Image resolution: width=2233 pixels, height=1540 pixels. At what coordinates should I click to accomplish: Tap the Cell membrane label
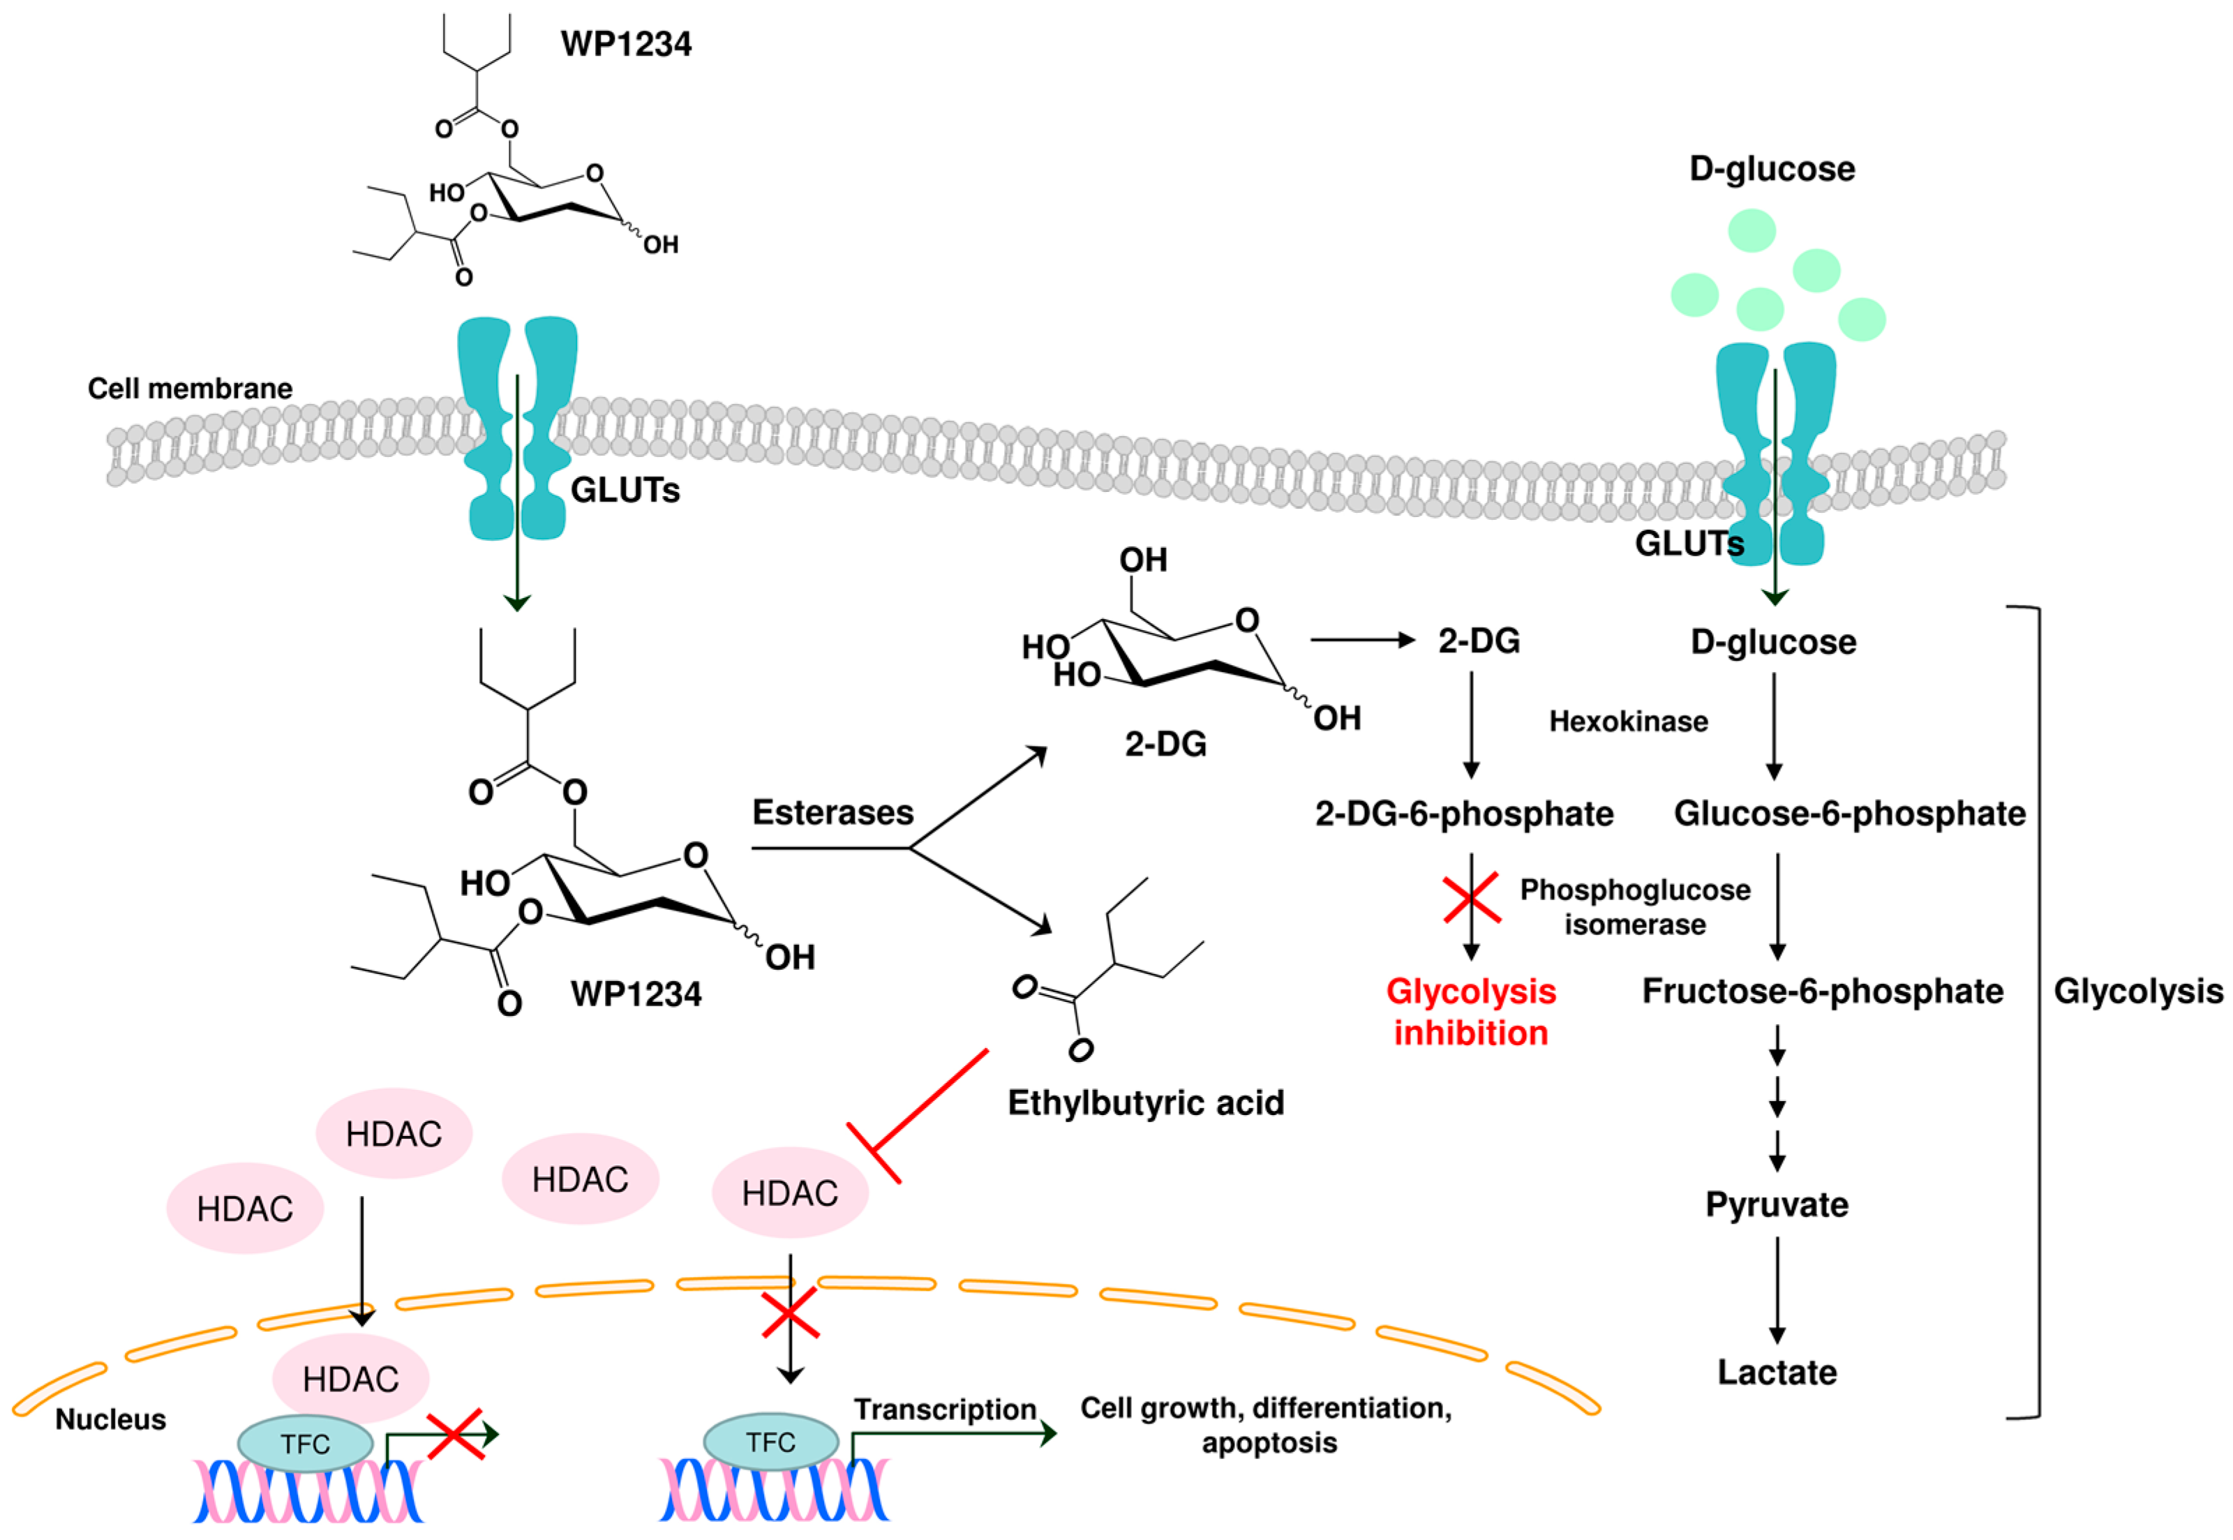click(190, 389)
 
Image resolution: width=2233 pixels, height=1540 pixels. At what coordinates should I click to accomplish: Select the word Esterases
click(832, 812)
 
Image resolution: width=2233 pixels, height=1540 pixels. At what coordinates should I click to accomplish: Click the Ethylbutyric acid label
click(1145, 1103)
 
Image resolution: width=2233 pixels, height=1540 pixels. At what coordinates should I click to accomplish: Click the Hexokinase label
click(1628, 722)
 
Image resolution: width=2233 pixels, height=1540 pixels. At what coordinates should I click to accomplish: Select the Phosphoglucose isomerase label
click(1635, 907)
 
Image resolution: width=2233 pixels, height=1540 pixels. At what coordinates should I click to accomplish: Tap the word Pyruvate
click(1777, 1204)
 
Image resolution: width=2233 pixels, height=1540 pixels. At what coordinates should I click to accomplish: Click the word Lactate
click(1777, 1372)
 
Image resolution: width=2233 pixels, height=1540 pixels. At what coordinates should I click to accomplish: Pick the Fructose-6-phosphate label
click(1822, 991)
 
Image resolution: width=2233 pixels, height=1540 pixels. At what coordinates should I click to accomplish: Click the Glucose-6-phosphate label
click(1849, 814)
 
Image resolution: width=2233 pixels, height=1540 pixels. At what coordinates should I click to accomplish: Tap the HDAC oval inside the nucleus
click(350, 1379)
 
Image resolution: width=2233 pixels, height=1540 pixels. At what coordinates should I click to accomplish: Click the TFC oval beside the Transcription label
click(770, 1442)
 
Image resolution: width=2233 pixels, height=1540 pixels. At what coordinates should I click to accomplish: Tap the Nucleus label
click(110, 1419)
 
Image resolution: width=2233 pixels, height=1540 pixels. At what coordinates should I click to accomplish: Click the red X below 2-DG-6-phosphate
click(1471, 897)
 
